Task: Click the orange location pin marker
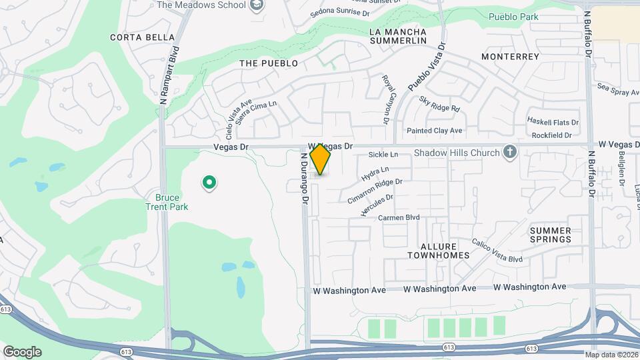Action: click(321, 159)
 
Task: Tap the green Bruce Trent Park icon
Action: click(209, 181)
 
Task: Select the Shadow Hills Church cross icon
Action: click(510, 153)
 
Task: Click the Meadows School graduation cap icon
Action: click(257, 5)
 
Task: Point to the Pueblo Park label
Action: click(513, 16)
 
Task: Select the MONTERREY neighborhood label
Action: click(510, 57)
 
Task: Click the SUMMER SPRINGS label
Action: click(551, 235)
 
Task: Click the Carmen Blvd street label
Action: click(399, 218)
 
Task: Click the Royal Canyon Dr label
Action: click(385, 99)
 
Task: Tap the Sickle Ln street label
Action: click(383, 155)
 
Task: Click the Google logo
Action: click(22, 351)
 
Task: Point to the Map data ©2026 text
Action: click(611, 355)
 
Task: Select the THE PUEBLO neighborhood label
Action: click(268, 63)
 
